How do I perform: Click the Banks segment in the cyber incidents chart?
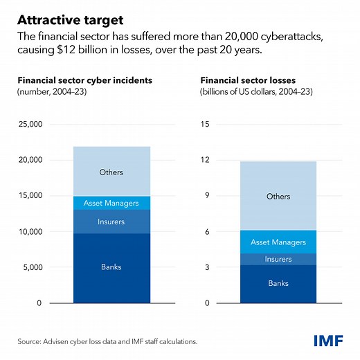[x=111, y=267]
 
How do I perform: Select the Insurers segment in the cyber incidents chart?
[x=111, y=222]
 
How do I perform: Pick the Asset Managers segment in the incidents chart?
[x=111, y=204]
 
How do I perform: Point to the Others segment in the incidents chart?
[x=111, y=171]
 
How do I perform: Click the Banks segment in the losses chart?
[x=278, y=283]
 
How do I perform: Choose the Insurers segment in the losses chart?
[x=278, y=259]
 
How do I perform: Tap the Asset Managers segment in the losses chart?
[x=278, y=242]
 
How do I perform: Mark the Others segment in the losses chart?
[x=278, y=196]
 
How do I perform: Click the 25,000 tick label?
[x=31, y=124]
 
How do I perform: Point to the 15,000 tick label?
[x=31, y=196]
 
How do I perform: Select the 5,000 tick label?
[x=33, y=267]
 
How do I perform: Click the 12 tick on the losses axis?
[x=205, y=160]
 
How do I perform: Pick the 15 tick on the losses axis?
[x=205, y=124]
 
